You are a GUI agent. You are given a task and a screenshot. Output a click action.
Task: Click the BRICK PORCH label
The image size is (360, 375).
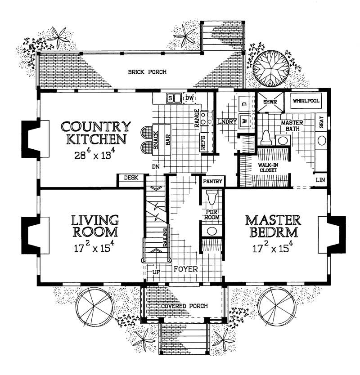(147, 72)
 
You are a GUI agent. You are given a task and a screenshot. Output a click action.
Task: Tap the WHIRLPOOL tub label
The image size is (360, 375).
(306, 101)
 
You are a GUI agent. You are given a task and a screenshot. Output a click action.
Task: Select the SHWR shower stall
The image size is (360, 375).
(270, 102)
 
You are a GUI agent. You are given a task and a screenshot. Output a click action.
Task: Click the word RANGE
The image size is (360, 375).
(197, 118)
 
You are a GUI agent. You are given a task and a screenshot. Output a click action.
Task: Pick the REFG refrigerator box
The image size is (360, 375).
(203, 143)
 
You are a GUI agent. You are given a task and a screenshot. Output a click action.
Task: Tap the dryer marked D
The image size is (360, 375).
(245, 104)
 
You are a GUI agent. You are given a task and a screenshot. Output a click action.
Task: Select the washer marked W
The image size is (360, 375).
(245, 121)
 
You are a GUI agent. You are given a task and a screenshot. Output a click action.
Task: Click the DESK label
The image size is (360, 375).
(131, 178)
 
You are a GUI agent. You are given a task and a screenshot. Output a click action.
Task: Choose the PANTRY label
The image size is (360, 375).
(212, 181)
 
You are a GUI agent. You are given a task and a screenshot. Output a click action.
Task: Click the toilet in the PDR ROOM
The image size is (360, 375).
(211, 197)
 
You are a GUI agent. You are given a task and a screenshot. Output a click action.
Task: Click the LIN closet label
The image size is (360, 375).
(320, 179)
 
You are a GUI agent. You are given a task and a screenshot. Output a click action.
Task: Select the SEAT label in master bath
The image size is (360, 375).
(321, 122)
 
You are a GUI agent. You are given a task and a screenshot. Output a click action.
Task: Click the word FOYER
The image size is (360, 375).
(186, 269)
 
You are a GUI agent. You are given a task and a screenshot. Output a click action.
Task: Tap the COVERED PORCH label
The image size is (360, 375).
(184, 306)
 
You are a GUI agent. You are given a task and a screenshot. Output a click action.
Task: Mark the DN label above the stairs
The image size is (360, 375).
(156, 167)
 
